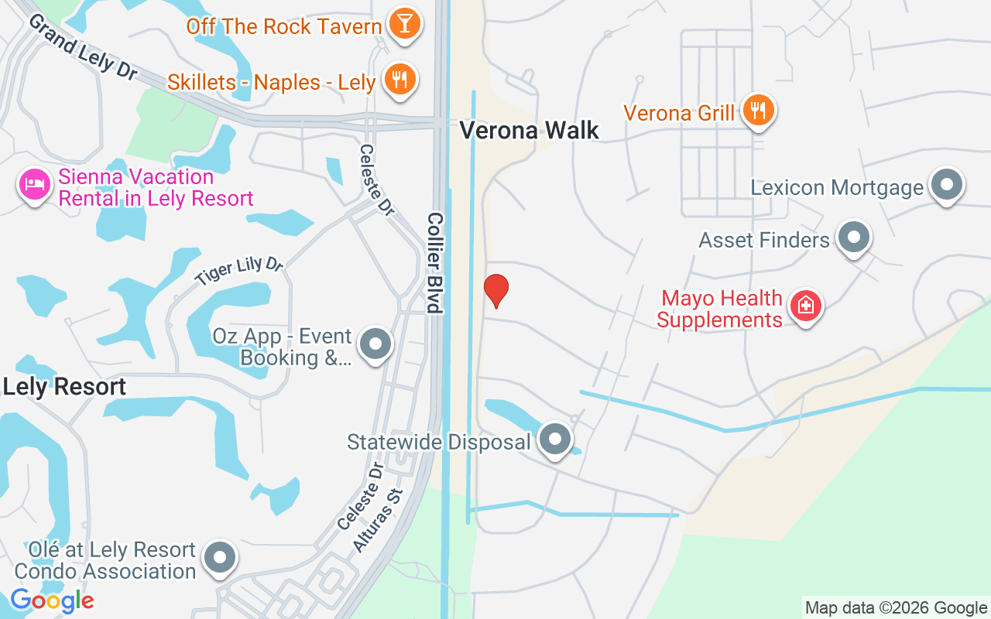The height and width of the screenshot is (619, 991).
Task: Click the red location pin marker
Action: point(495,290)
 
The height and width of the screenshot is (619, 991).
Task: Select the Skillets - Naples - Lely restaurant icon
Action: point(399,79)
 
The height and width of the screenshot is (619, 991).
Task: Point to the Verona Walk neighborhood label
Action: point(530,130)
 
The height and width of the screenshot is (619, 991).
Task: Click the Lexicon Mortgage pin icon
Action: point(945,185)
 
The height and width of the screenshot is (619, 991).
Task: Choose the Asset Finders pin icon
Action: point(854,238)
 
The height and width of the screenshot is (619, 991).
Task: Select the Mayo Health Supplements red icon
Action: point(805,306)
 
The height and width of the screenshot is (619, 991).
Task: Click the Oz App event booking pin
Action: point(375,344)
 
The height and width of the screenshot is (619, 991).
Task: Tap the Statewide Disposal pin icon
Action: point(554,439)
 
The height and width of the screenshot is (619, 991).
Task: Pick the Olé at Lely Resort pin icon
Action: point(220,557)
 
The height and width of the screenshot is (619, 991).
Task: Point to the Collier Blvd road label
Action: point(434,263)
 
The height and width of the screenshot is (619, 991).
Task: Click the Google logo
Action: point(52,600)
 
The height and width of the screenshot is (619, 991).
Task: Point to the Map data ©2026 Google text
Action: point(896,608)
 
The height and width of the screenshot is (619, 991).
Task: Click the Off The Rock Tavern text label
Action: point(284,26)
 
